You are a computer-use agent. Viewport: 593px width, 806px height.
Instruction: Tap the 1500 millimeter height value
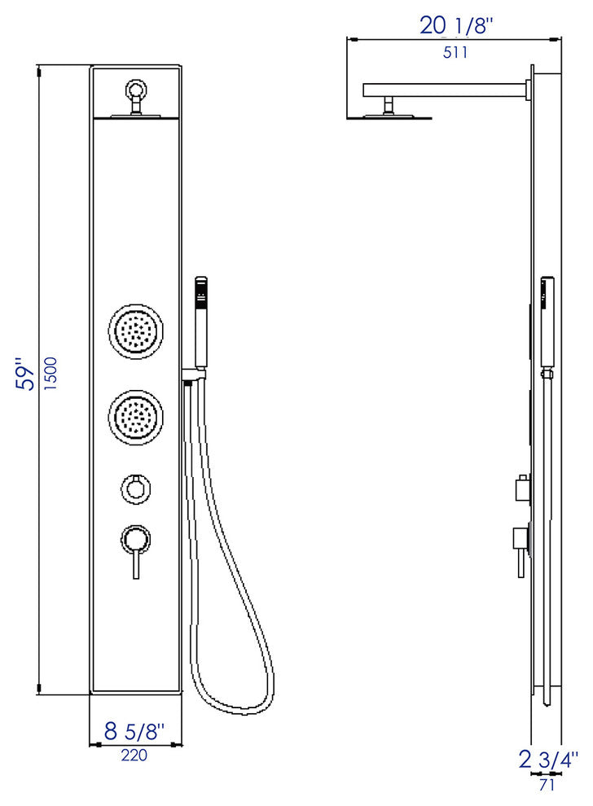51,374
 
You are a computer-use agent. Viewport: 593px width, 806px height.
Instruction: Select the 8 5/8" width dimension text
135,731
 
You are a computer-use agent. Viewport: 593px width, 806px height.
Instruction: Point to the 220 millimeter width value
134,755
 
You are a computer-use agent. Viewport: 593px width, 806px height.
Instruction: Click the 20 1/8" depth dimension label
456,26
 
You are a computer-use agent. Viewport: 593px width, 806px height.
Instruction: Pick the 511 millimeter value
455,53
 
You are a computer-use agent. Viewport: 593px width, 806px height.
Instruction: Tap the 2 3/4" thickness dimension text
548,760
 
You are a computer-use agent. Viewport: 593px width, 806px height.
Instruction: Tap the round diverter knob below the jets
135,488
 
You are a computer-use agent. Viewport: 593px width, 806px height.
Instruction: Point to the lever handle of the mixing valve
135,560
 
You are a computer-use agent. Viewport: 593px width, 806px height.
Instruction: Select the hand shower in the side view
549,318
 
